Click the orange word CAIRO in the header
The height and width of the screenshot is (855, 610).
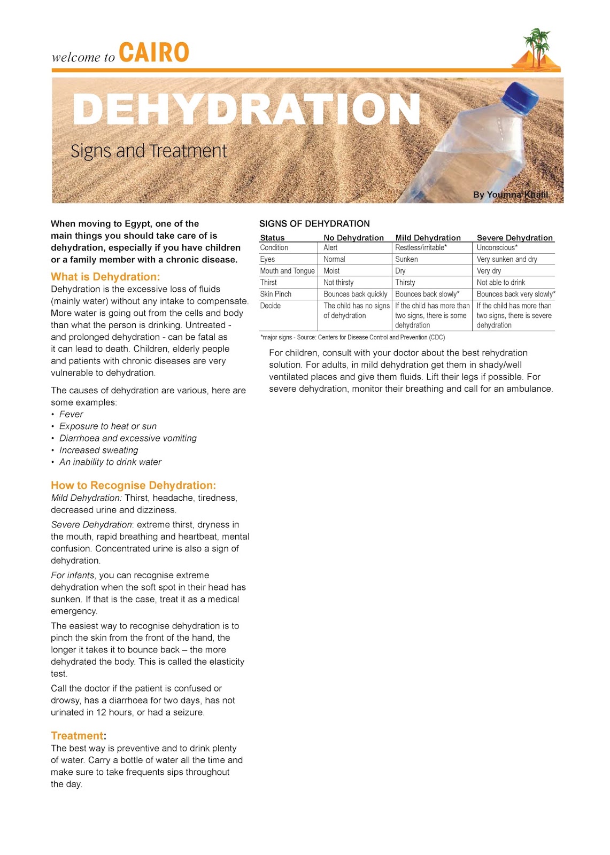[154, 53]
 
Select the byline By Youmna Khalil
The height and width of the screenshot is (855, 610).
[510, 195]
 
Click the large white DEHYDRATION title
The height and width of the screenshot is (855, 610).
[246, 110]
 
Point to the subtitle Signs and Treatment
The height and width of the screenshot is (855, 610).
[149, 151]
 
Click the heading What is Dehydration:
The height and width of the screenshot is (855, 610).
[105, 277]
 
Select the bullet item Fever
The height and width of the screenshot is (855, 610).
[71, 414]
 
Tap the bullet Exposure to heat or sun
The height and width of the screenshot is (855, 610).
[108, 426]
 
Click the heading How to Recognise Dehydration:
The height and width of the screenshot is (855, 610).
[133, 485]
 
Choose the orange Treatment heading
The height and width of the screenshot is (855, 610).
[77, 736]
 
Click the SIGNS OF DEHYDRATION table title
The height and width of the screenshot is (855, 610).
[314, 224]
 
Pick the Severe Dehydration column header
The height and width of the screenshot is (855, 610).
[514, 238]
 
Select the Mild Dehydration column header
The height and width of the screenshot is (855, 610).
[428, 238]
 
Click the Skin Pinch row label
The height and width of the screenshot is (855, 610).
[276, 294]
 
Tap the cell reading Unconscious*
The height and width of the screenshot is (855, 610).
[497, 248]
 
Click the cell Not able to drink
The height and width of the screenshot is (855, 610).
[500, 283]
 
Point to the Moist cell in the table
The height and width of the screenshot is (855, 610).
[331, 271]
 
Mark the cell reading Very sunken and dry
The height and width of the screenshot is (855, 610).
[506, 259]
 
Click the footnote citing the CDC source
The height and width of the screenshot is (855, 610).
[353, 338]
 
